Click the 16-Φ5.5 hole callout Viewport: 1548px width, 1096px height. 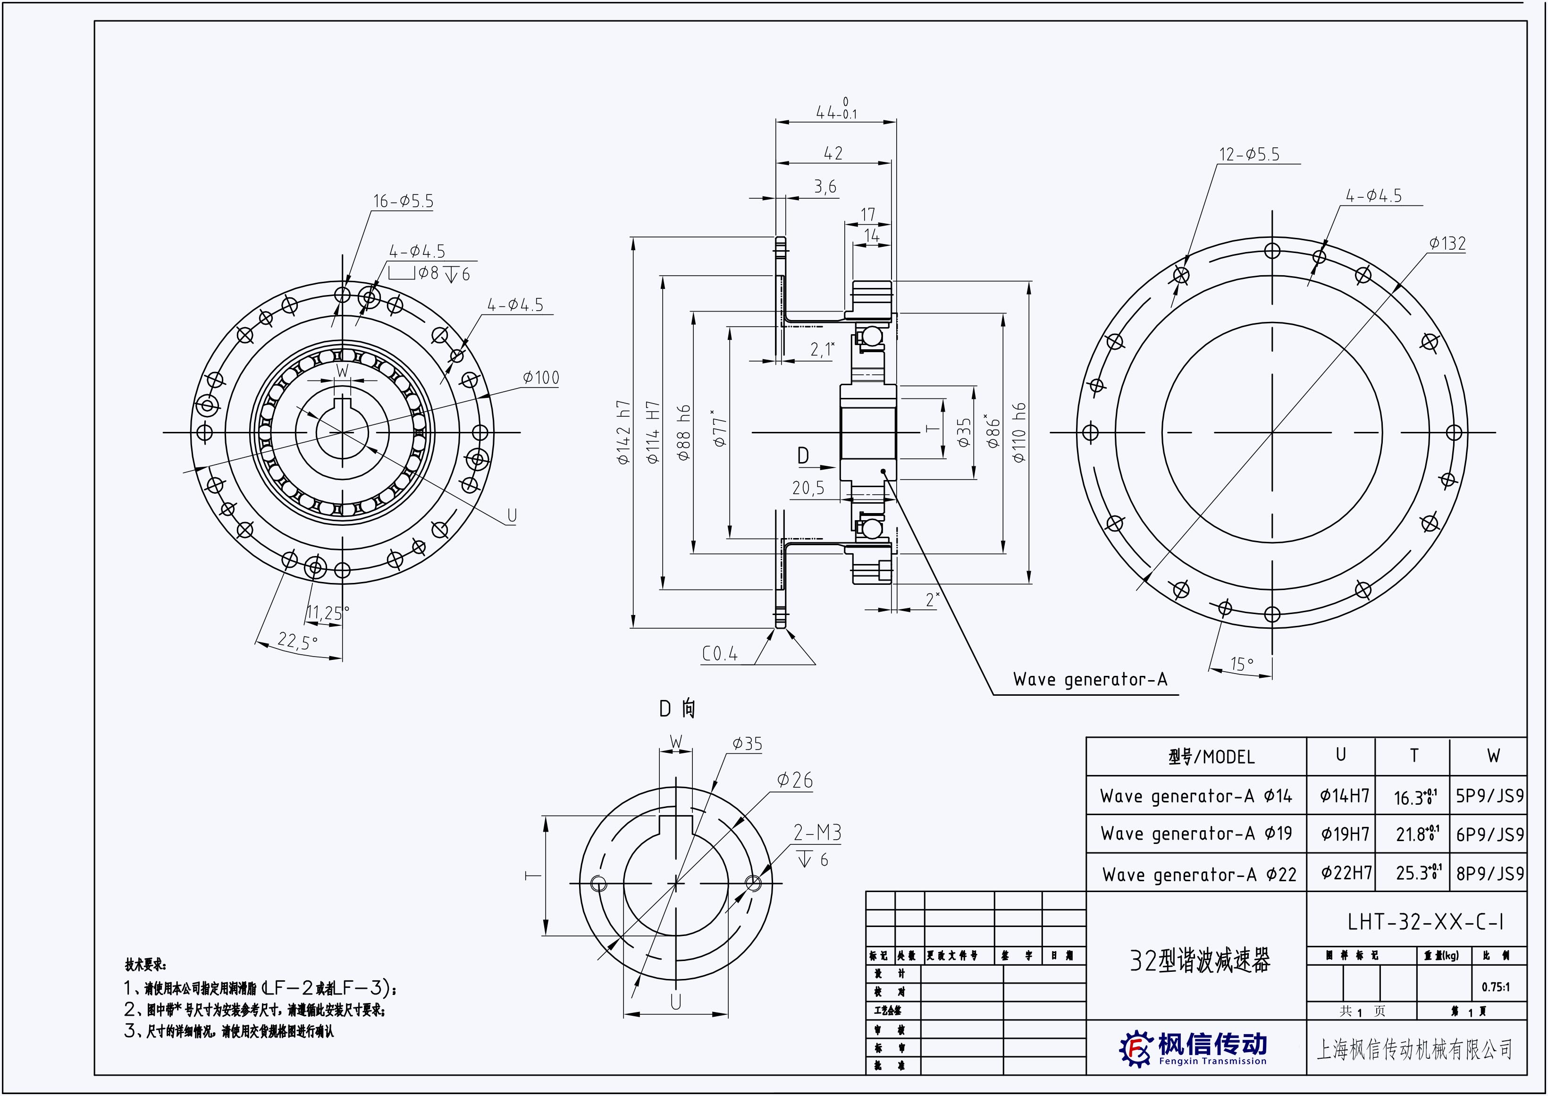403,201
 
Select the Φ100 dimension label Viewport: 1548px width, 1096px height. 541,378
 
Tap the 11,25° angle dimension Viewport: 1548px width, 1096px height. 328,613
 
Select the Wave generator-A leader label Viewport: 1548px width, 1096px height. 1090,679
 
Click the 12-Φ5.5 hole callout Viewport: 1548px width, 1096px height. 1249,154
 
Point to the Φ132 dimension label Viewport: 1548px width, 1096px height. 1447,244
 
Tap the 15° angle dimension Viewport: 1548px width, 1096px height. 1242,664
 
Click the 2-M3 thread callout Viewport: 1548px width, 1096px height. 817,833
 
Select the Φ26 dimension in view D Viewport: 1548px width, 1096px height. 794,780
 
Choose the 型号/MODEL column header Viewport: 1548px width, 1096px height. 1211,757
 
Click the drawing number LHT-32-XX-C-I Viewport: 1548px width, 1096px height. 1425,922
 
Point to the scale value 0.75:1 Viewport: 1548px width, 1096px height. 1496,986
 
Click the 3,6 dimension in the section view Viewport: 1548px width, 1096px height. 824,186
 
